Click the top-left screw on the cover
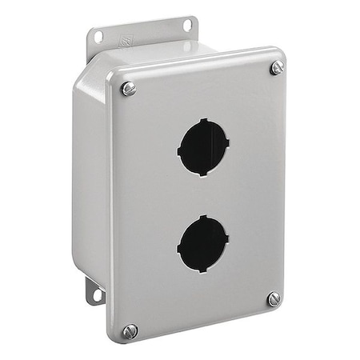tap(129, 89)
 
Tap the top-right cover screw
tap(277, 68)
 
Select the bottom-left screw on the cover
tap(130, 330)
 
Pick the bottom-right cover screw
tap(274, 298)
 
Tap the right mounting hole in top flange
tap(188, 26)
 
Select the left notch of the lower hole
tap(179, 246)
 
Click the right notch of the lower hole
tap(228, 239)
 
